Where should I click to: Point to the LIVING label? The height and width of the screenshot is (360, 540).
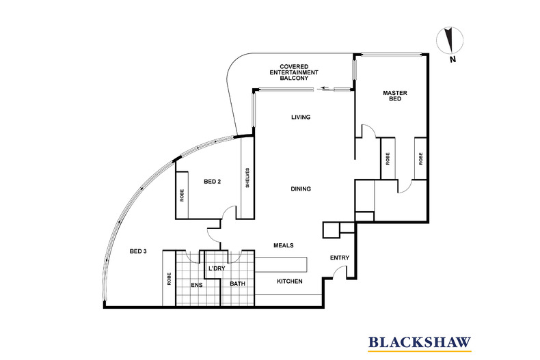(301, 117)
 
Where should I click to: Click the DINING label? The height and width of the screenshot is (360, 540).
(300, 189)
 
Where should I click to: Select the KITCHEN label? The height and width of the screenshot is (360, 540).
(290, 281)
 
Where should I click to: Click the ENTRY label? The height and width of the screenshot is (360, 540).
(340, 258)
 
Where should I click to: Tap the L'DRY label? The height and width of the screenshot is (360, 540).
(217, 268)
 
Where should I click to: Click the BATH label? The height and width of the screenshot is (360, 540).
(237, 283)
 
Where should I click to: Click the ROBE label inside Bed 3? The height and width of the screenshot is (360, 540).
(168, 279)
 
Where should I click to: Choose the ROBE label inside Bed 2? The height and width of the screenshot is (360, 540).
(182, 195)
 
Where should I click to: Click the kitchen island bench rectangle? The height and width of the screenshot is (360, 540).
(280, 264)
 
